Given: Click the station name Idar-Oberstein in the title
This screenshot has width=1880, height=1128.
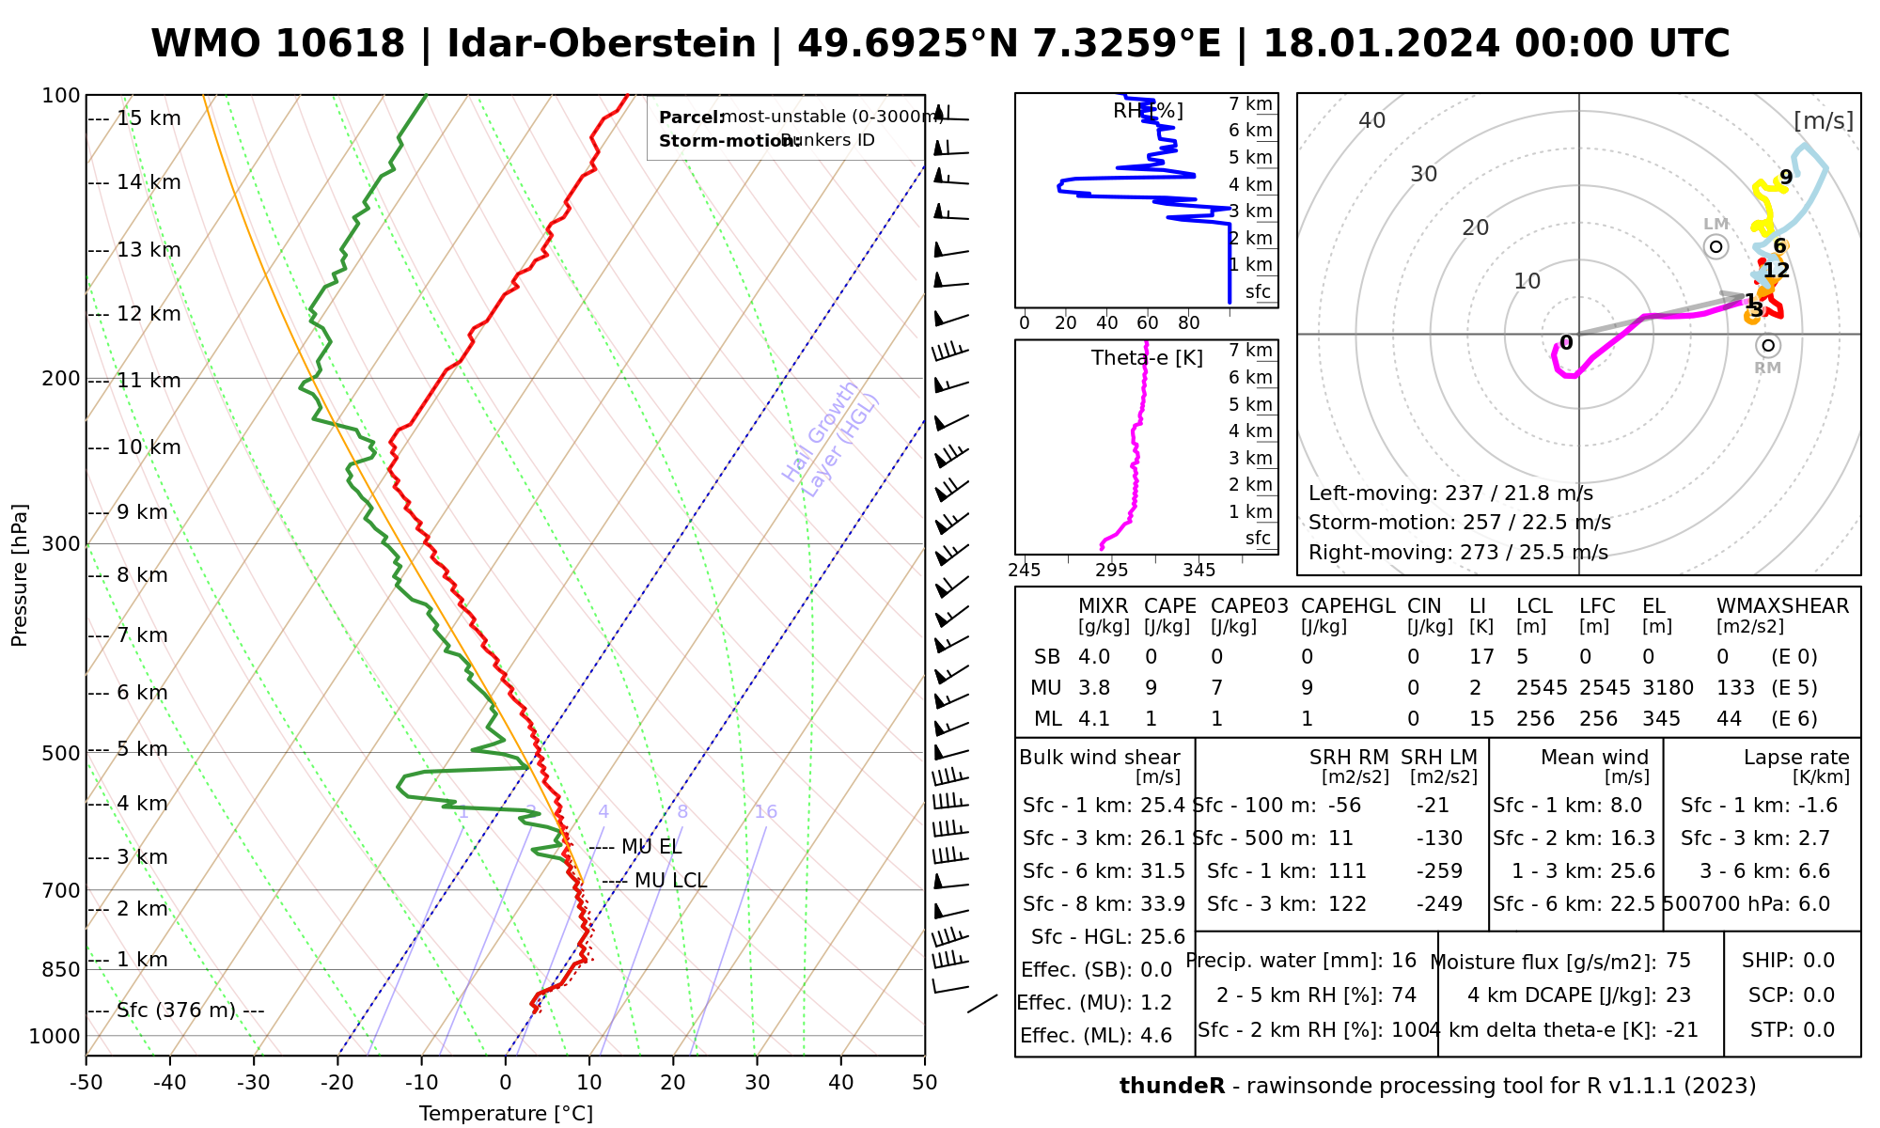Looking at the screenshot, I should click(602, 44).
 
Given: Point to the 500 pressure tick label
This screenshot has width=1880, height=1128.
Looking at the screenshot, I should click(61, 753).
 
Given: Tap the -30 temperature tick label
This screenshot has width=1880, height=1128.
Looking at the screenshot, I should click(253, 1083).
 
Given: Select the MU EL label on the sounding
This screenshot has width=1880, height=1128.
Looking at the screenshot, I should click(651, 847).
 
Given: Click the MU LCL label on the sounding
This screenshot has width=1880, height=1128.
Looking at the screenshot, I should click(670, 881).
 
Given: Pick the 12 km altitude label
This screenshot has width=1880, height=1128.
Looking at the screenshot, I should click(149, 314).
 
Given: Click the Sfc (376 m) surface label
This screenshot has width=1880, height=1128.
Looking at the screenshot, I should click(176, 1010).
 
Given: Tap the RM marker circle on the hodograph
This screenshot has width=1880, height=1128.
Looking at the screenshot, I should click(1768, 346).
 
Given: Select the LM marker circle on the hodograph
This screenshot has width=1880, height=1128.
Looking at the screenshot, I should click(1716, 246).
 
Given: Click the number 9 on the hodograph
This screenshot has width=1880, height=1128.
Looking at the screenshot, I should click(1786, 178).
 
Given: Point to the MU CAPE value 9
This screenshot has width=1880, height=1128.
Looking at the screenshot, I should click(1151, 688).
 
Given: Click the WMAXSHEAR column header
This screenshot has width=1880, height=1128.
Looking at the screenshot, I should click(1782, 606).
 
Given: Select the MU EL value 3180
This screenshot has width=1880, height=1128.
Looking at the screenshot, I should click(1668, 688).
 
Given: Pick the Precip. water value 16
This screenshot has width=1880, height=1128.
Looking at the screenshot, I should click(1403, 961).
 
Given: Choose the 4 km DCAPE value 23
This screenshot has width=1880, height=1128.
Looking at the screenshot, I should click(1678, 995).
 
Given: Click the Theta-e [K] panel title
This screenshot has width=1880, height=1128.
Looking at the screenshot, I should click(1147, 358).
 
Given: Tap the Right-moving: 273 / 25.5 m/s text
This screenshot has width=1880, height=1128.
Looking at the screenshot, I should click(1458, 553).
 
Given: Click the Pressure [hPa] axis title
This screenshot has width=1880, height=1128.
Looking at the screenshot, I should click(20, 575).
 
